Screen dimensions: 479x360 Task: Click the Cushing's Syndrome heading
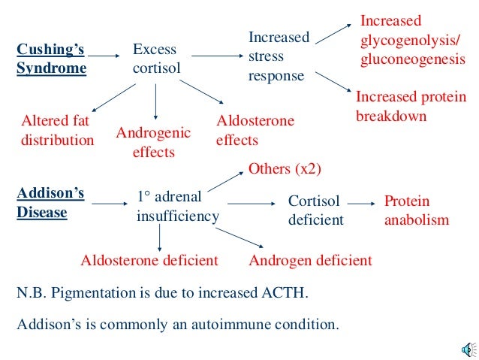(x=51, y=59)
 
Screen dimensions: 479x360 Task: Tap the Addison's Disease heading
(x=50, y=203)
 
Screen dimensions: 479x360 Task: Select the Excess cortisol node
(x=155, y=59)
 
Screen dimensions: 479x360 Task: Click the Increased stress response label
(x=278, y=56)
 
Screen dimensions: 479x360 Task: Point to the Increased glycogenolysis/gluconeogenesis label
(x=411, y=40)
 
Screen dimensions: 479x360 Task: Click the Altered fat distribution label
(x=57, y=131)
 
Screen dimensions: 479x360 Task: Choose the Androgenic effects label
(x=154, y=142)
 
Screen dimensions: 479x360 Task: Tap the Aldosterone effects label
(x=255, y=130)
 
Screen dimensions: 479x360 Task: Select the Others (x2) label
(x=285, y=168)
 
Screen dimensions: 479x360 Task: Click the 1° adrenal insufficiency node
(x=177, y=207)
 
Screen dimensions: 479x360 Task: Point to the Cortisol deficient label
(x=315, y=210)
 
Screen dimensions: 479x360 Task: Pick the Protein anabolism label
(x=416, y=210)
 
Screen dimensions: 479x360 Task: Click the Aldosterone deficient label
(x=149, y=261)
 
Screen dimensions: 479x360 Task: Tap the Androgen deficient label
(x=310, y=261)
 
